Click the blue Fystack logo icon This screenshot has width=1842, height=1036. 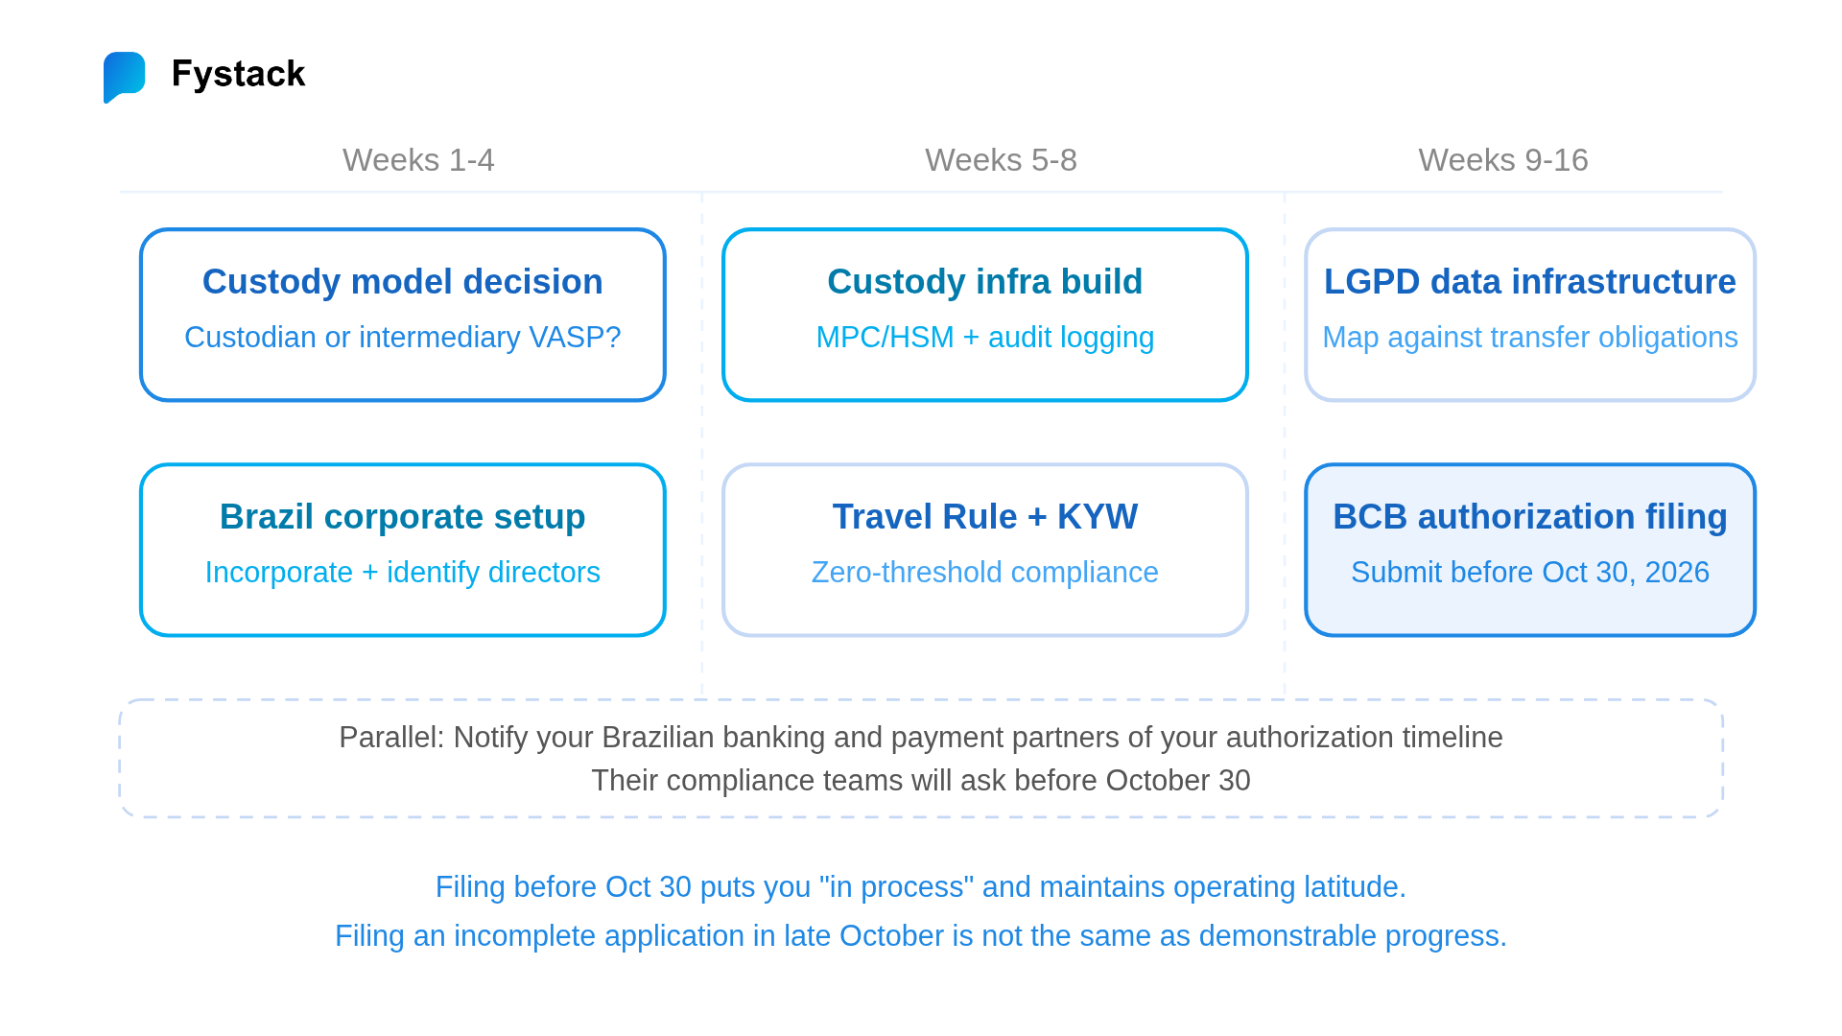tap(124, 76)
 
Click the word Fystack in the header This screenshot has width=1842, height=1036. tap(238, 74)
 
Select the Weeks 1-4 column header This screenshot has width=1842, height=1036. tap(418, 160)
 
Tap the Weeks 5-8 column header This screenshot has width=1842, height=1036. tap(1001, 160)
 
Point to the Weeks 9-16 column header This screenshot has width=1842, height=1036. tap(1502, 160)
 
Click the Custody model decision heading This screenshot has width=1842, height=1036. tap(402, 282)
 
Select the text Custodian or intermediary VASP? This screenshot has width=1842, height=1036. tap(402, 338)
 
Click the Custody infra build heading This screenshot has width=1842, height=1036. tap(984, 282)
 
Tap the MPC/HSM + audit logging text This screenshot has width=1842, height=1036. tap(984, 338)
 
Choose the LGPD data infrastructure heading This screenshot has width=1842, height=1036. tap(1529, 282)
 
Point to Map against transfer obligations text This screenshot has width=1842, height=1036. tap(1529, 338)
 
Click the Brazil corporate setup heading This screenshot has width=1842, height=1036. tap(402, 517)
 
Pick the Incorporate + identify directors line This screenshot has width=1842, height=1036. tap(402, 573)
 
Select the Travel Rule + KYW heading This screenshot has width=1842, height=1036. tap(984, 517)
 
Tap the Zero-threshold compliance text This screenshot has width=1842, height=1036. tap(984, 573)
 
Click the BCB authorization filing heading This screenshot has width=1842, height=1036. tap(1529, 517)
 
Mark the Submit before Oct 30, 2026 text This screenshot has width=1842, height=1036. tap(1529, 573)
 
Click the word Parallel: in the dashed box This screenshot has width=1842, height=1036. tap(391, 738)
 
